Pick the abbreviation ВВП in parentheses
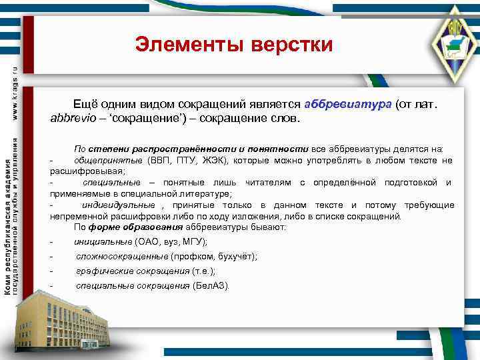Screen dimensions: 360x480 (x=158, y=161)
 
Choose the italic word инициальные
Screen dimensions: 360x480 (x=103, y=241)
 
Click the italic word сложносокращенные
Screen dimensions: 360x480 (x=122, y=256)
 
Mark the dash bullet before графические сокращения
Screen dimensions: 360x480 (x=52, y=271)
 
